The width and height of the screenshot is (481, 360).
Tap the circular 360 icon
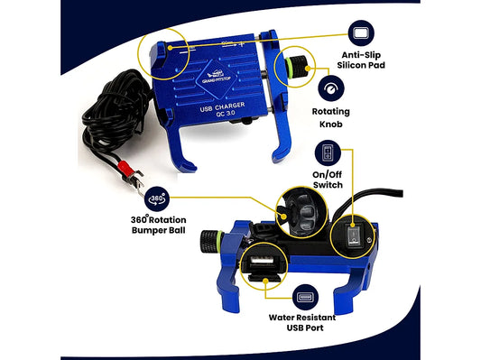pos(156,198)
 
